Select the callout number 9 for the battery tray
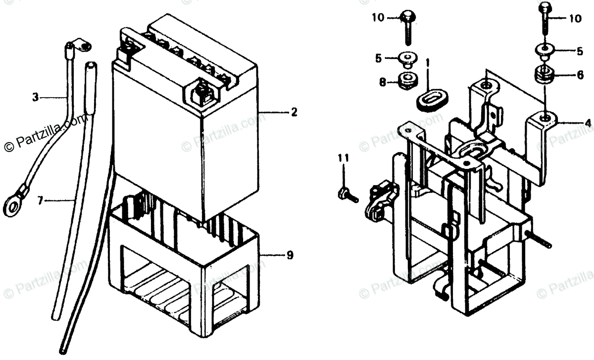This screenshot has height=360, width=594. (290, 256)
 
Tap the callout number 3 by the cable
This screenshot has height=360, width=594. (35, 98)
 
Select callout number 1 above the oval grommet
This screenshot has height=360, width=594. (428, 63)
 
